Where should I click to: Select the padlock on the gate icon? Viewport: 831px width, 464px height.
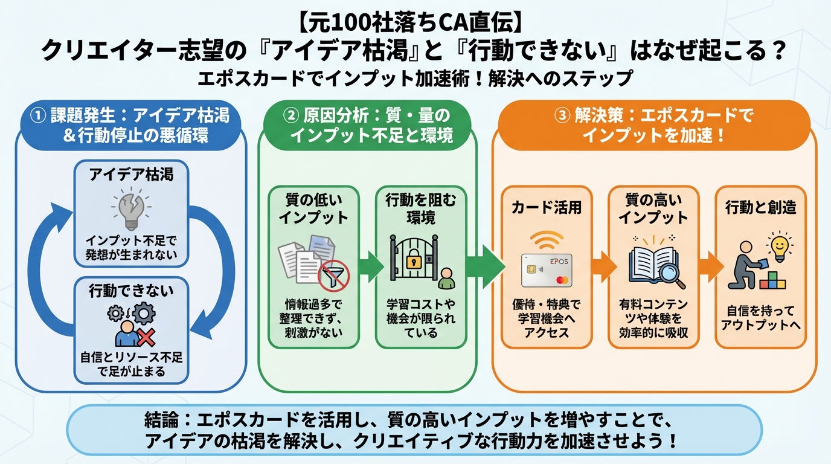tap(413, 262)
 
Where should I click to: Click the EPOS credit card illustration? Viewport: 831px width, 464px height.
tap(546, 269)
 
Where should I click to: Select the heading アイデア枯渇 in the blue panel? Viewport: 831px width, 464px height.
tap(131, 175)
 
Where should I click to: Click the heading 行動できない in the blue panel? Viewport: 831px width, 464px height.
tap(131, 291)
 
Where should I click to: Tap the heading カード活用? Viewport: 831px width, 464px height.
tap(546, 207)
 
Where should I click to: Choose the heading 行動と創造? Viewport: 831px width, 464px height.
tap(760, 207)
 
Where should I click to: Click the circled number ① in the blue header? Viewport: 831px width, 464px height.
tap(37, 115)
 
